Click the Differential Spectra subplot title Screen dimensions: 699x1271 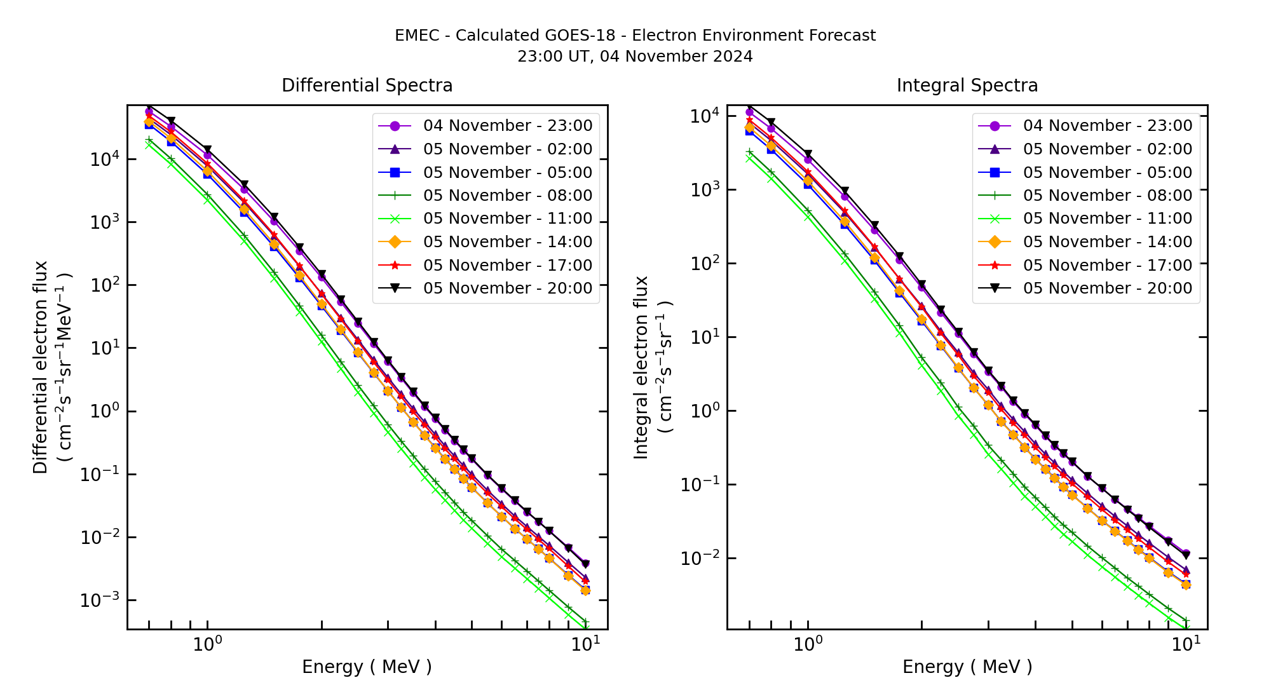point(367,85)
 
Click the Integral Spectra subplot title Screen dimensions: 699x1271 point(967,85)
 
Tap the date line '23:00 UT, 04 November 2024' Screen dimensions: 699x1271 point(635,57)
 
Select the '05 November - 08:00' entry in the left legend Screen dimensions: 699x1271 point(507,196)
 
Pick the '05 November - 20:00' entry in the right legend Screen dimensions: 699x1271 point(1107,288)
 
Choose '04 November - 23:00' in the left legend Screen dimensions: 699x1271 point(507,126)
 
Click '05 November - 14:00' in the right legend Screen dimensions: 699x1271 point(1107,242)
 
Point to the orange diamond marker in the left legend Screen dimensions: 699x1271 point(395,242)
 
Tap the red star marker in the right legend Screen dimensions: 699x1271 point(995,266)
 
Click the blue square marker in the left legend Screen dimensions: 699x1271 point(395,172)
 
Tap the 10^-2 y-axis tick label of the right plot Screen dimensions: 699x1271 point(699,558)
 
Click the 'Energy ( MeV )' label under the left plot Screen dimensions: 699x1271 point(367,667)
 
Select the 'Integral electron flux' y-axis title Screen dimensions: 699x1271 point(641,367)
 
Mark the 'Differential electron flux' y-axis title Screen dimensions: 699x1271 point(41,367)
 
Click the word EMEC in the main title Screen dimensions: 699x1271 point(416,36)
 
